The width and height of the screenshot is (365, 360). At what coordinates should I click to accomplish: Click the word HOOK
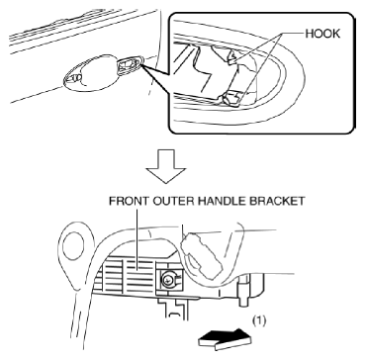[x=322, y=34]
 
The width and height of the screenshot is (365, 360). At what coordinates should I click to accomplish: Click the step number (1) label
[x=258, y=320]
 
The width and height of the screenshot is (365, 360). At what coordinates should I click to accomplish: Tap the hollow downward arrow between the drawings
[x=166, y=166]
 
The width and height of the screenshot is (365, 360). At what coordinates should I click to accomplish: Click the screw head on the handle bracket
[x=168, y=281]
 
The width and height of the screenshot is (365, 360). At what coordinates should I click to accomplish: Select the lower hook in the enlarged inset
[x=233, y=99]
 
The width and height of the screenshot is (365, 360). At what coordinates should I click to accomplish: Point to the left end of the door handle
[x=63, y=79]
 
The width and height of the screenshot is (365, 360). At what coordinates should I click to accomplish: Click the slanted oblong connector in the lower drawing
[x=201, y=255]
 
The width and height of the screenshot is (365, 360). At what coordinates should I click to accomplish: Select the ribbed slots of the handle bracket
[x=129, y=273]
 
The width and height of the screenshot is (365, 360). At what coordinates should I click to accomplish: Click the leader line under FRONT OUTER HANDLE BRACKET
[x=136, y=235]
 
